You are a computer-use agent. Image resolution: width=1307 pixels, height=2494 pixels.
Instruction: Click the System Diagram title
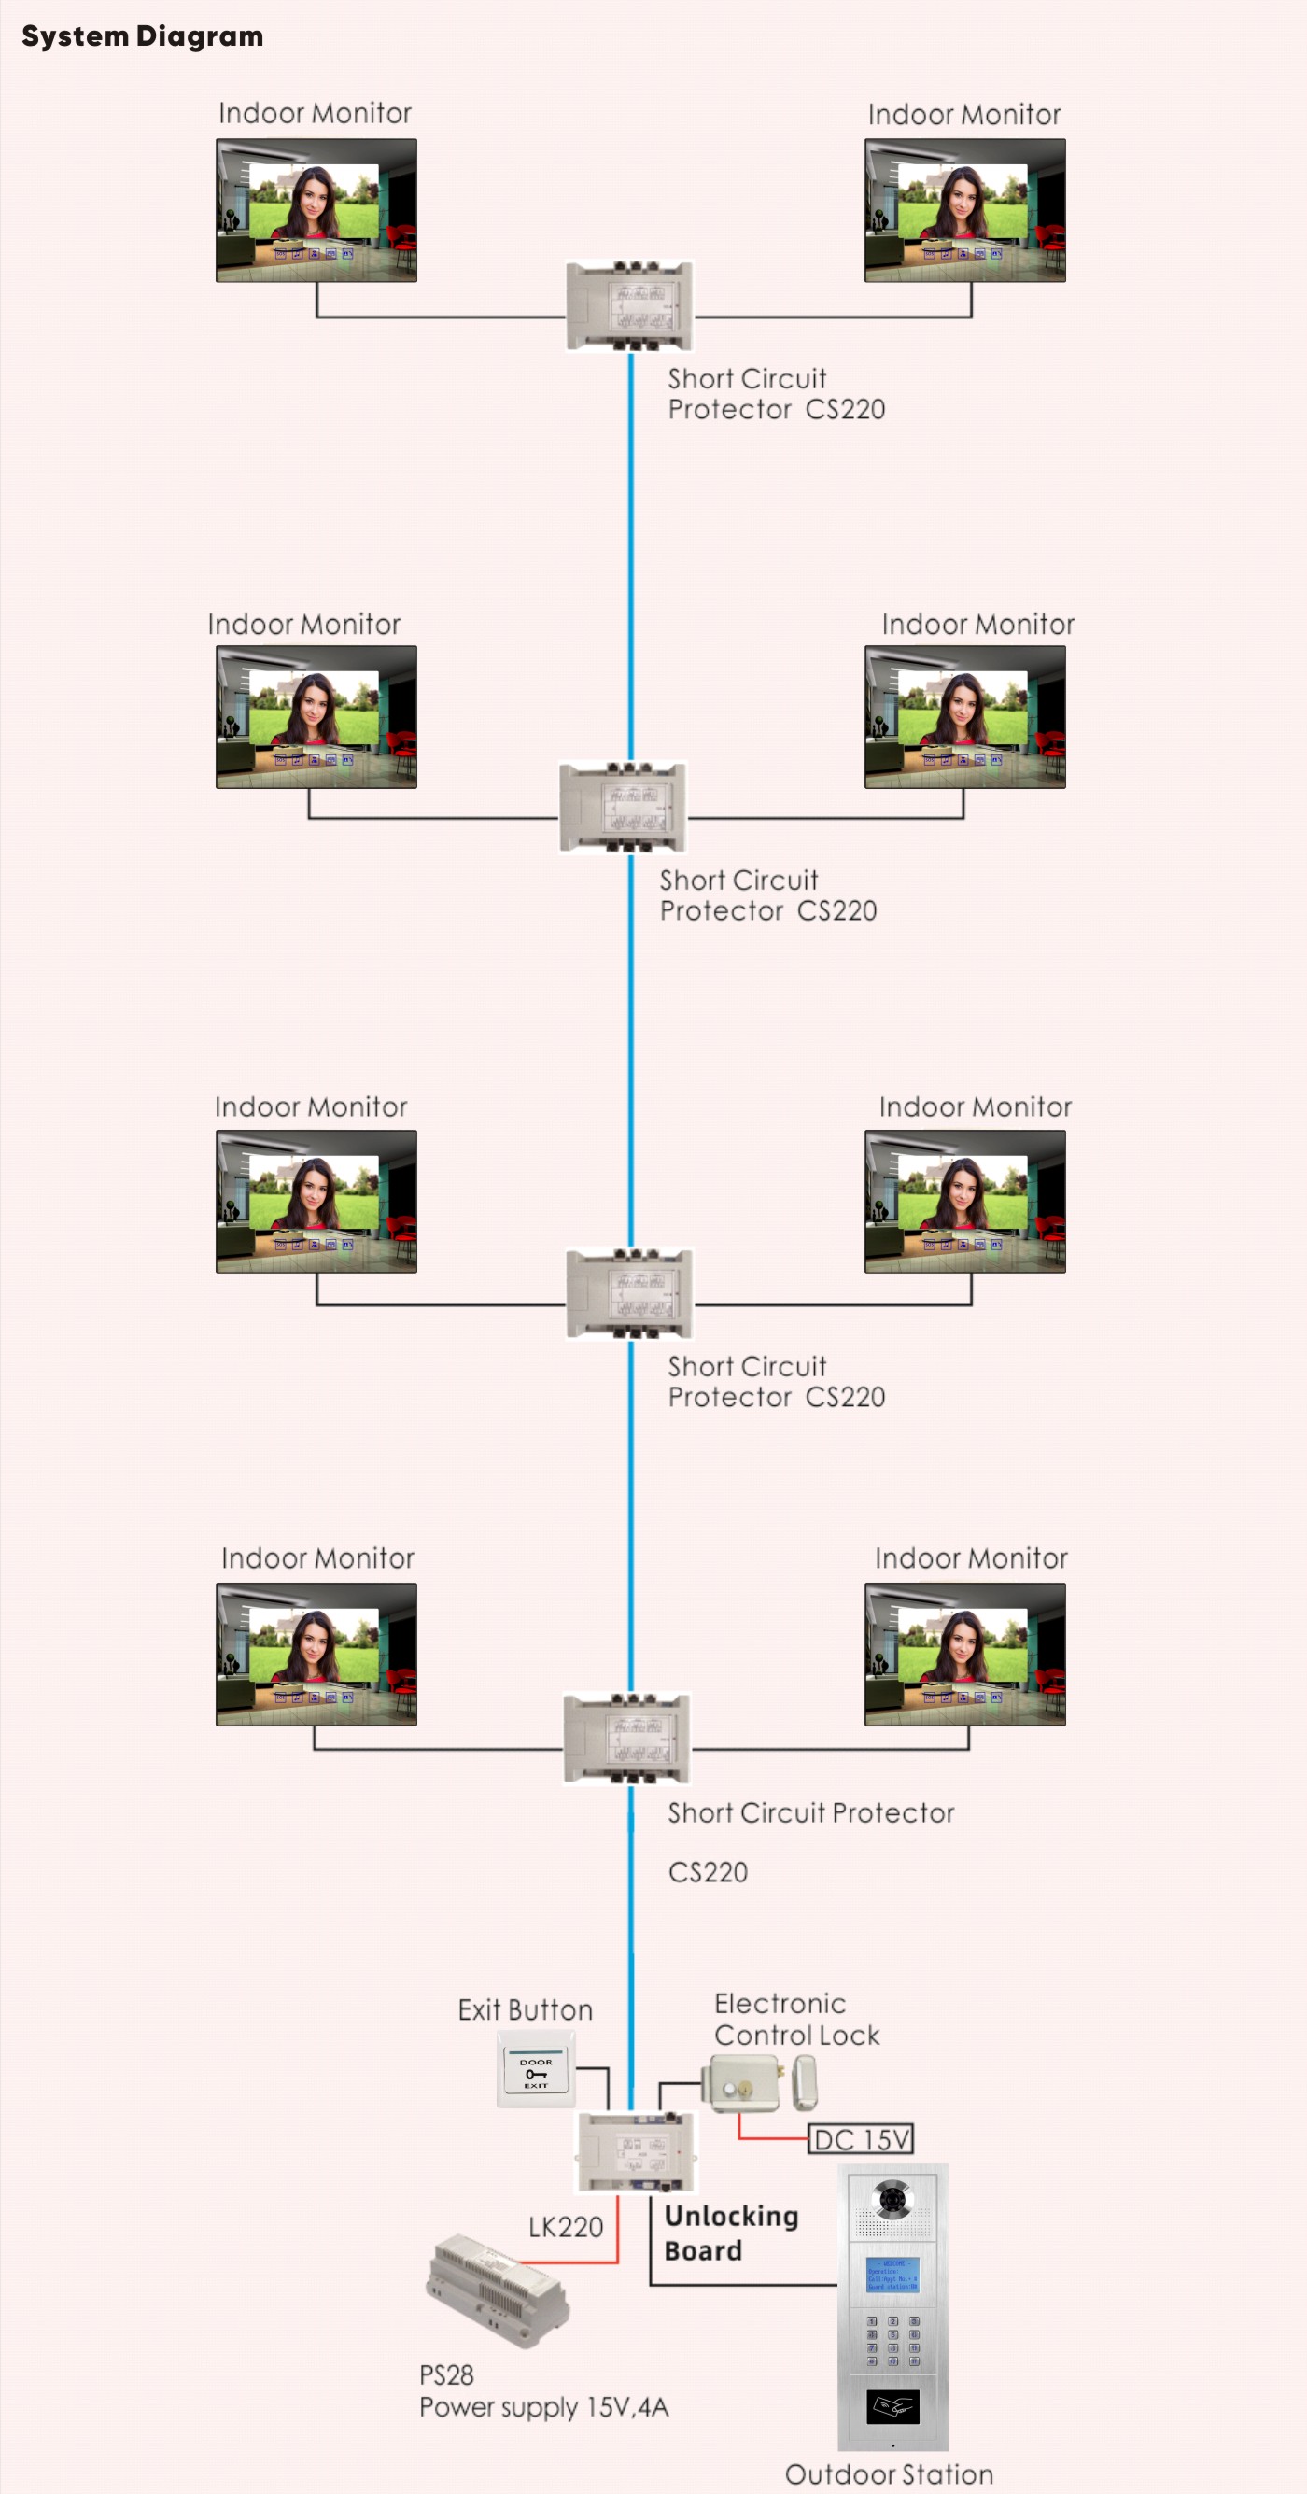142,36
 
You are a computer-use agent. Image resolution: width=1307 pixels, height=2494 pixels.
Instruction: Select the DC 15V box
861,2138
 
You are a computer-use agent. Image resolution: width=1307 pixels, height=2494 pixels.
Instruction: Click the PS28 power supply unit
498,2290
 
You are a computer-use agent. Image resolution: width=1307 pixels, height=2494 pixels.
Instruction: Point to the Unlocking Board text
731,2233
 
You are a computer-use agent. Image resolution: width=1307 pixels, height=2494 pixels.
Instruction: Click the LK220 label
566,2227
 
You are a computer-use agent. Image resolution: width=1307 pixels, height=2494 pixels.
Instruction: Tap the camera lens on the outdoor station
892,2200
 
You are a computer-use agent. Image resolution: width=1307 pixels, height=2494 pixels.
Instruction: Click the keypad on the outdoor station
892,2340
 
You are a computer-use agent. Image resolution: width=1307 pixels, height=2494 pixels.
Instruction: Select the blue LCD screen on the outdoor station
892,2276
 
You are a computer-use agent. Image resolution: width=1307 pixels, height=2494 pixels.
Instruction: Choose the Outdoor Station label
889,2474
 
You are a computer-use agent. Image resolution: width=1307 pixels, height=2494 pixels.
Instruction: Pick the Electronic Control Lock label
795,2019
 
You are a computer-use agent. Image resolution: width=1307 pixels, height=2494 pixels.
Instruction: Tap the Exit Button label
525,2010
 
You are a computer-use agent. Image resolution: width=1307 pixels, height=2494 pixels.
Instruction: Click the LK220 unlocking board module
636,2150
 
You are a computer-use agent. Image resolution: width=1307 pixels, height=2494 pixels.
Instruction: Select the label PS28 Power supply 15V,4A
542,2391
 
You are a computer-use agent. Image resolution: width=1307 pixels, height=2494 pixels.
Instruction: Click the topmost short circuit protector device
629,306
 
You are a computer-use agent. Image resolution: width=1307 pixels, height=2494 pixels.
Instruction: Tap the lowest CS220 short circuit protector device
627,1738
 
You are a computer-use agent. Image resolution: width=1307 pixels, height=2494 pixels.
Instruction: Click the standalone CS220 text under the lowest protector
708,1872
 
